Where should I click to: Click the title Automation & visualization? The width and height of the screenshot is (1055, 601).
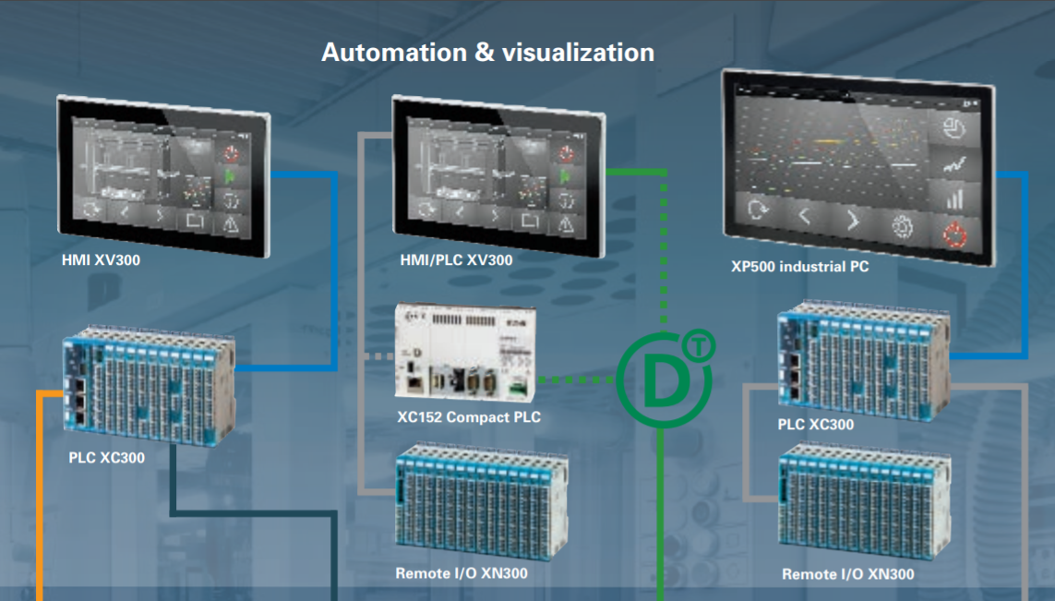(x=487, y=52)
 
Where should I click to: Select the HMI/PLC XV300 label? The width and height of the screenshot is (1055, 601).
(x=456, y=260)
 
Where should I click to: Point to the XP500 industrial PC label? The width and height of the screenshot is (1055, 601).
(x=799, y=267)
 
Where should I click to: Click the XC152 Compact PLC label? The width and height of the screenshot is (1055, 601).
(x=469, y=417)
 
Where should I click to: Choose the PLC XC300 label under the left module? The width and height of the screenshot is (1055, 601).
(x=106, y=457)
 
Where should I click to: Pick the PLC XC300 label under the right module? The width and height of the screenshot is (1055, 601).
(x=816, y=425)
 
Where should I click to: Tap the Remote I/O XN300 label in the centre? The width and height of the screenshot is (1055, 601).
(x=462, y=573)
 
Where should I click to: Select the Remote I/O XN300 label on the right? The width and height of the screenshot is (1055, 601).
(x=847, y=574)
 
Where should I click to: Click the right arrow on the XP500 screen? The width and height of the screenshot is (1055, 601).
(x=853, y=221)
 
